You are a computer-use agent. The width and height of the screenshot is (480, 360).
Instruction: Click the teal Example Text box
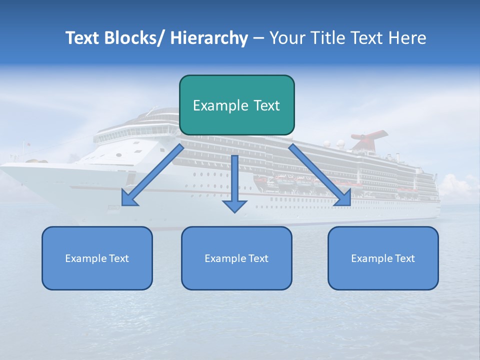pos(236,105)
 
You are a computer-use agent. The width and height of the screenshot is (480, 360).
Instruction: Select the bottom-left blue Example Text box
pos(97,258)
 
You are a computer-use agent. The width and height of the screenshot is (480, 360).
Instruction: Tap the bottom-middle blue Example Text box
pos(236,258)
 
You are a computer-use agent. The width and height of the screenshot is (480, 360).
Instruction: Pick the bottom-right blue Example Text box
pos(383,258)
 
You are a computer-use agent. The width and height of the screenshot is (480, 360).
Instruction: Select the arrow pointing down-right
pos(320,175)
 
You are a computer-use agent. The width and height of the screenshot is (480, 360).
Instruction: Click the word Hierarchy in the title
pos(209,38)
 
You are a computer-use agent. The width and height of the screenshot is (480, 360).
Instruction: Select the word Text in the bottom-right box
pos(404,258)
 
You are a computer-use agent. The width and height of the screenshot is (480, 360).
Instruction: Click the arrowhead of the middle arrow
pos(234,206)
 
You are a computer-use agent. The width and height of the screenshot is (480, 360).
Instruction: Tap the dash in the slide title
pos(258,38)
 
